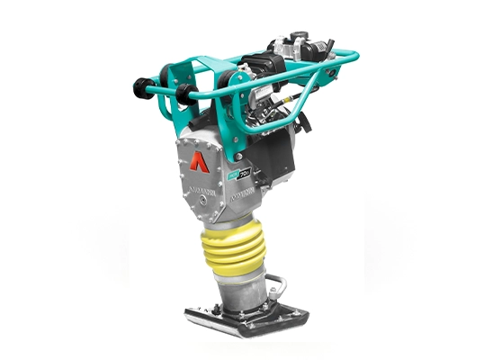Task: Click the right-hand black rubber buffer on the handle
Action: click(186, 92)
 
